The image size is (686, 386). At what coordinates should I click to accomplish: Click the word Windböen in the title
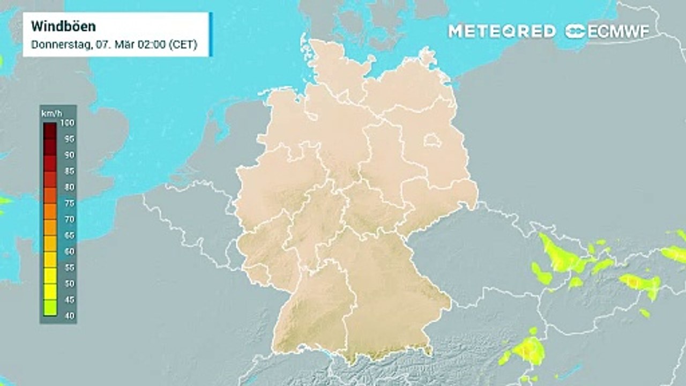click(56, 26)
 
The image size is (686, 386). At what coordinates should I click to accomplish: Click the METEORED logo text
click(502, 31)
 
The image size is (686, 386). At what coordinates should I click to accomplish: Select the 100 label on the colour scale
click(68, 123)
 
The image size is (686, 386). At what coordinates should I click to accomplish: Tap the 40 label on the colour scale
click(69, 315)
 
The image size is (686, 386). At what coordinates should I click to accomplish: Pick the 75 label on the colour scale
click(69, 203)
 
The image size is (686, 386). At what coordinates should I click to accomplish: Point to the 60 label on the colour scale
click(69, 251)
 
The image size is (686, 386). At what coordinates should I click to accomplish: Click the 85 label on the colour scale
click(69, 171)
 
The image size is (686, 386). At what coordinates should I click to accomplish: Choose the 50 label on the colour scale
click(69, 283)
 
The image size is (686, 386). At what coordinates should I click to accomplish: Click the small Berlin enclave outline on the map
click(431, 141)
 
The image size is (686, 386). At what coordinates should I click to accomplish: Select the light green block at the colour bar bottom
click(50, 308)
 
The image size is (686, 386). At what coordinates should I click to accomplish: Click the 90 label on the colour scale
click(69, 155)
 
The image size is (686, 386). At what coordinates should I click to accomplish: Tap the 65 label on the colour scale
click(69, 235)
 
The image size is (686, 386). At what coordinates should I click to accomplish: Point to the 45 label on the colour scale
click(69, 299)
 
